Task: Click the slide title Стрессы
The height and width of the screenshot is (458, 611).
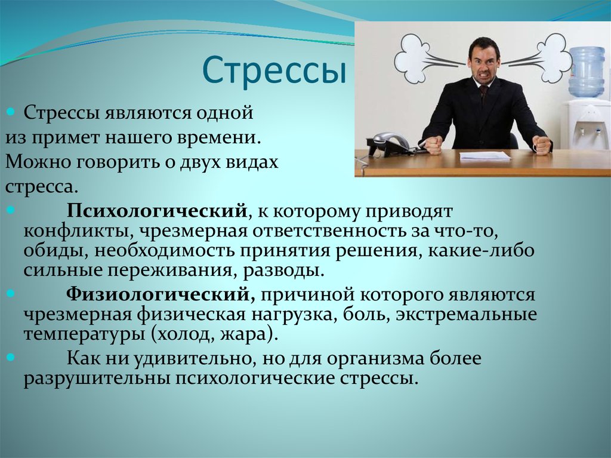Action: [274, 71]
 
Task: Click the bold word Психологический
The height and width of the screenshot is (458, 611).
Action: [157, 211]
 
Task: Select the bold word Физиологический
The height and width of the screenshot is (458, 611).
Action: [161, 294]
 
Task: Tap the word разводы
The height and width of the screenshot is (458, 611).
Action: [283, 271]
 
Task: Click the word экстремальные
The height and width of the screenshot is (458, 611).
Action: [467, 315]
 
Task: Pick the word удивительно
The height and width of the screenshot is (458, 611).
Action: [192, 358]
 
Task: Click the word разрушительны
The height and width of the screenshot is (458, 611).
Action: [97, 379]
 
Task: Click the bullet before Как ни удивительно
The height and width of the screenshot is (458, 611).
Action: [11, 356]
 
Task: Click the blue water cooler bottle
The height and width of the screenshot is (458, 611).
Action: [587, 72]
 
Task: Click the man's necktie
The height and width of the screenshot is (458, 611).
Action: [483, 95]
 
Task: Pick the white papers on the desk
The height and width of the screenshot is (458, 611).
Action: [485, 156]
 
